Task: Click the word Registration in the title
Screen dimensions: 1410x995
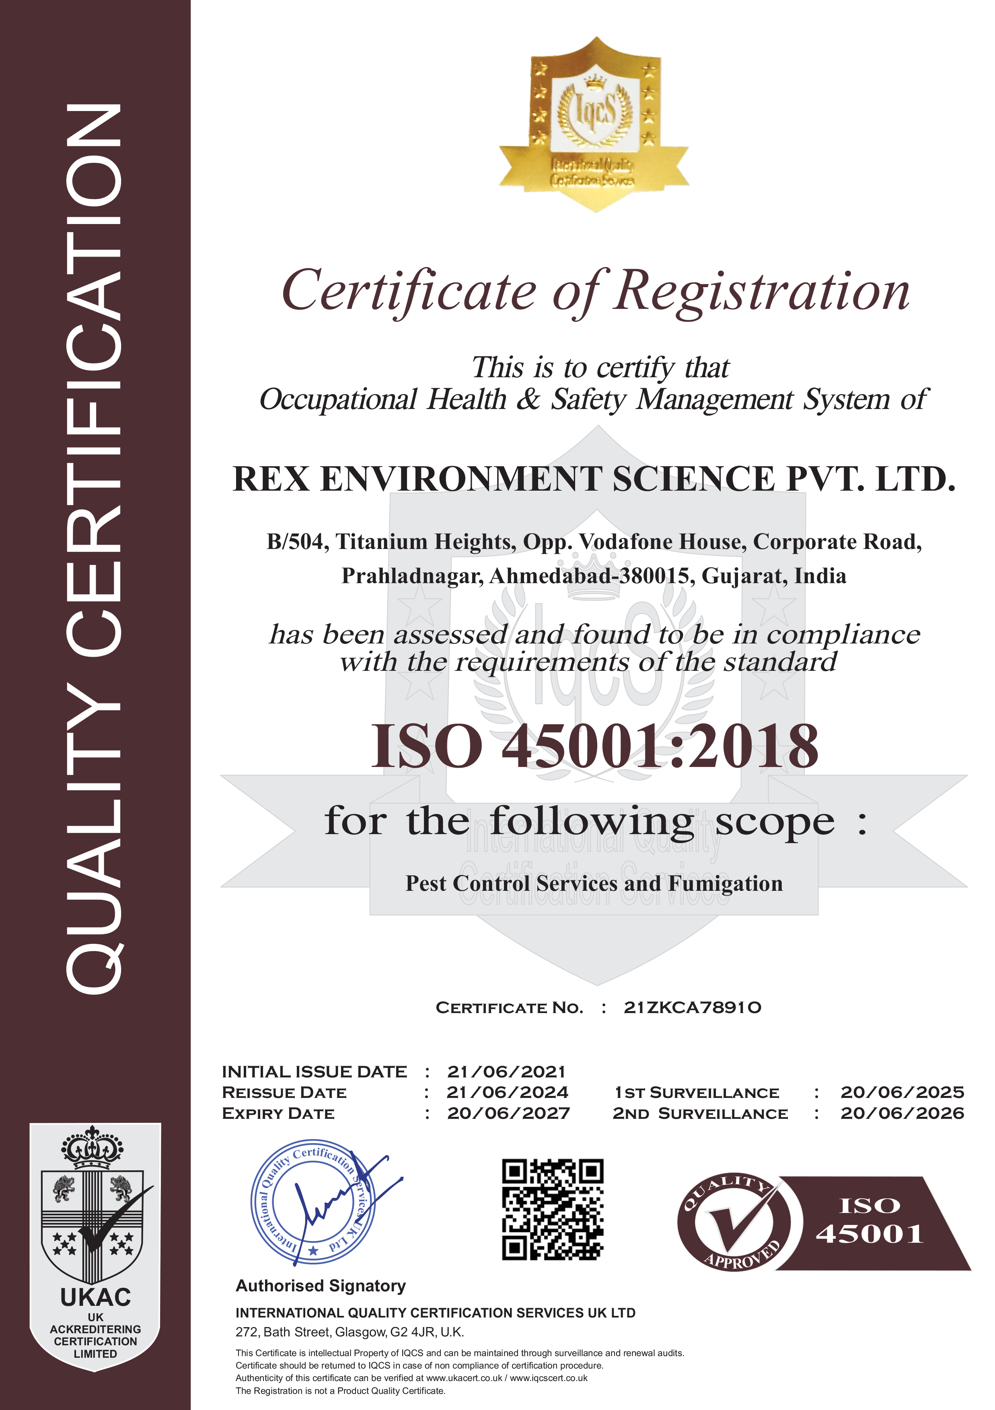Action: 762,292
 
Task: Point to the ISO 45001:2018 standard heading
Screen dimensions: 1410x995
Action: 594,746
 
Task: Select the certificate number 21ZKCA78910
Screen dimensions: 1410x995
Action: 692,1008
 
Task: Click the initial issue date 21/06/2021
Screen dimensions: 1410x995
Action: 506,1072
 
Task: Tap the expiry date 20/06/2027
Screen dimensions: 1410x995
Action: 508,1113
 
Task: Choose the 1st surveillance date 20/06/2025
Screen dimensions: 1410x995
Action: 902,1093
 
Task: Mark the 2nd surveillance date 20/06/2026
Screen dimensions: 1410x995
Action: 902,1113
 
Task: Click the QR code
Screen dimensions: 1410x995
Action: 553,1210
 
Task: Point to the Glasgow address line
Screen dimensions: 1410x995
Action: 349,1332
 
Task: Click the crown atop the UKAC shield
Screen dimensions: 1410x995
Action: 92,1147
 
